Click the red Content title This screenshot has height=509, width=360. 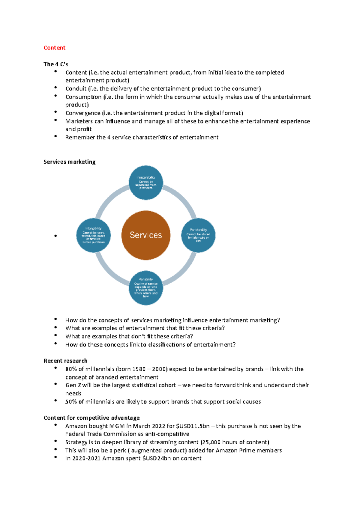coord(54,48)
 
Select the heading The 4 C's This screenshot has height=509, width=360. coord(55,64)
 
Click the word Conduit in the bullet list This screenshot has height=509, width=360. coord(76,89)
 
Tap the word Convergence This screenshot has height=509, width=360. coord(83,113)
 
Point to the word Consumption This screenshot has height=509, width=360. coord(83,97)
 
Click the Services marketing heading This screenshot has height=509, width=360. coord(69,162)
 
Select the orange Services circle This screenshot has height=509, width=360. coord(146,235)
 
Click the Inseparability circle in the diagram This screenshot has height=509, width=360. coord(146,183)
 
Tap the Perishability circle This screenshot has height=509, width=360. coord(198,235)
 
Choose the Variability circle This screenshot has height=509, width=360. coord(146,288)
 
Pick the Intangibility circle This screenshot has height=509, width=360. coord(94,235)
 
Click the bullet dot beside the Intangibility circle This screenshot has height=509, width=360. coord(55,236)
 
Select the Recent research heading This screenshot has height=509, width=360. coord(65,361)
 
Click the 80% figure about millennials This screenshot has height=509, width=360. coord(71,369)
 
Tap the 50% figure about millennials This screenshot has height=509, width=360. coord(71,402)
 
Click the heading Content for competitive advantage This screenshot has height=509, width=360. coord(91,418)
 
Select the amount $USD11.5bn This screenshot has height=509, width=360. coord(193,426)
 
